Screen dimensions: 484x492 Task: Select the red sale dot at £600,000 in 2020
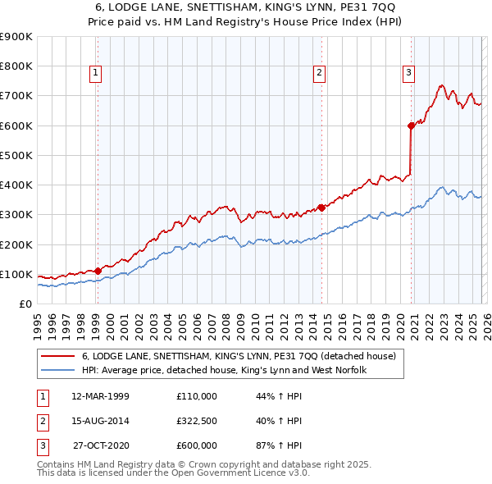(411, 126)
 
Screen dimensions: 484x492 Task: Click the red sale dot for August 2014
(321, 208)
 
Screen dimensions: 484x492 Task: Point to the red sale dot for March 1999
(98, 270)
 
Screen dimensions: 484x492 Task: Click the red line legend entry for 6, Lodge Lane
(239, 356)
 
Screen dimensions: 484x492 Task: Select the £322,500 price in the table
(197, 421)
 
